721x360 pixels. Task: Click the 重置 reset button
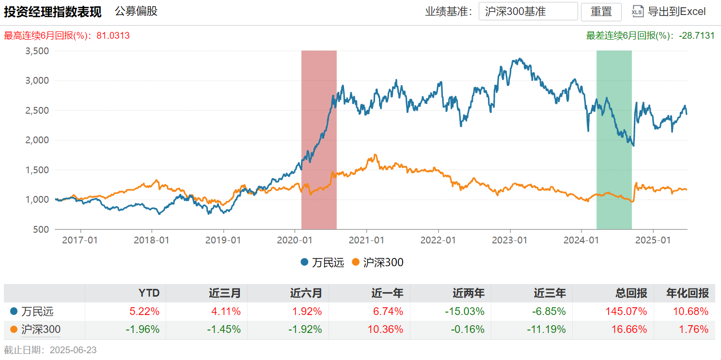(601, 12)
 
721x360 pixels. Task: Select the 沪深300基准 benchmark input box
(528, 12)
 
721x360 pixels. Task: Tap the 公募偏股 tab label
(136, 11)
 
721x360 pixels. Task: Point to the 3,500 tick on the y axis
(37, 51)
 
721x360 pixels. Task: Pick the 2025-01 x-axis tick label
(653, 240)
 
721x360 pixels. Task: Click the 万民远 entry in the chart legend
(323, 263)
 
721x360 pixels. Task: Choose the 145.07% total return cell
(629, 311)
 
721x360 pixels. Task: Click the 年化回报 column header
(688, 293)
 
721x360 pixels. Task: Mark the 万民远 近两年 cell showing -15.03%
(466, 311)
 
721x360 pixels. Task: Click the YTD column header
(149, 293)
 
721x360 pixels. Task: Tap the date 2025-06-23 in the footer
(73, 350)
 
